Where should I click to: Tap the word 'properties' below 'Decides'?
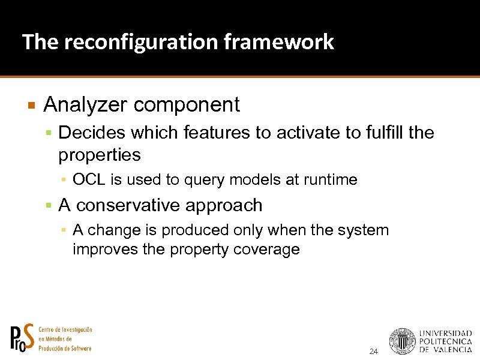99,155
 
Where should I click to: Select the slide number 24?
374,351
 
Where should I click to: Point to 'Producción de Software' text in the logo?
65,349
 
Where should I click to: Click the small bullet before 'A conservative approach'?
50,206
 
